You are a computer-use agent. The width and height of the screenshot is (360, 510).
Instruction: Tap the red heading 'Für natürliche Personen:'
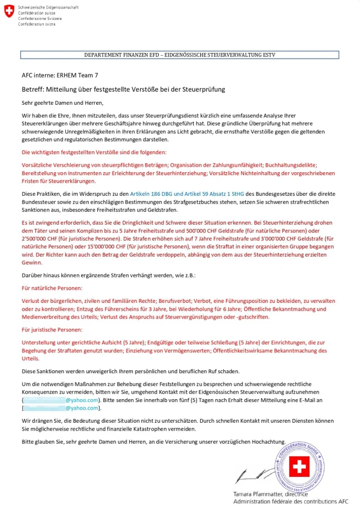click(51, 288)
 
